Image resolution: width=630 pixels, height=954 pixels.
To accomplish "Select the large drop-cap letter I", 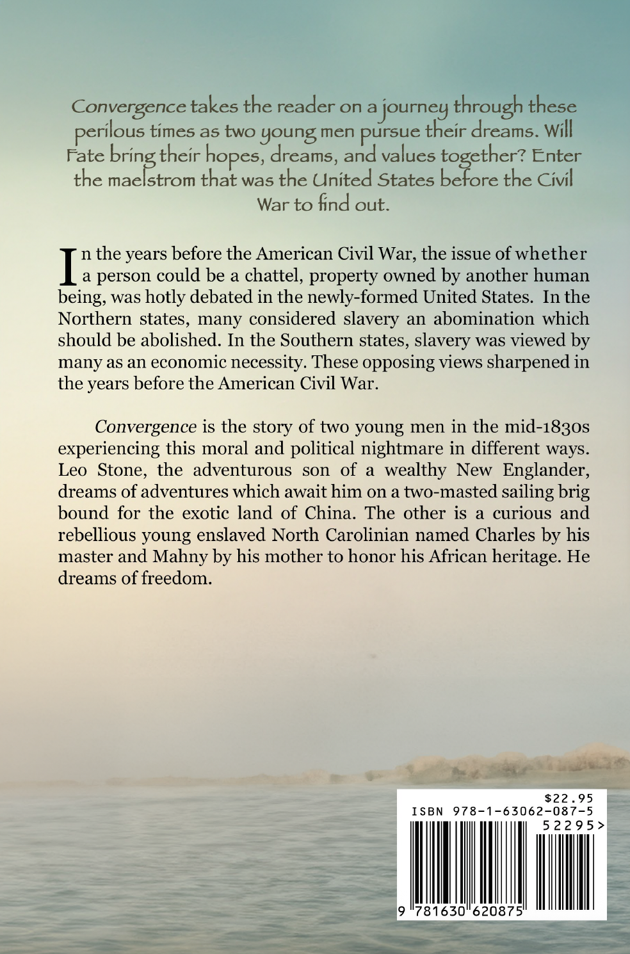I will [67, 266].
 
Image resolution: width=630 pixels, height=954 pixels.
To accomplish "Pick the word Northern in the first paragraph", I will [92, 319].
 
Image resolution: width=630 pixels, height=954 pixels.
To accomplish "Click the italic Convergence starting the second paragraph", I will [145, 427].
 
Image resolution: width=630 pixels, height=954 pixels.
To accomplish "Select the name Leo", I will [73, 471].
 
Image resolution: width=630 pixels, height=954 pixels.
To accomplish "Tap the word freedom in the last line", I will [174, 579].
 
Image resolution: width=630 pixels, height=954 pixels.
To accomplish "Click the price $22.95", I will [568, 798].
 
